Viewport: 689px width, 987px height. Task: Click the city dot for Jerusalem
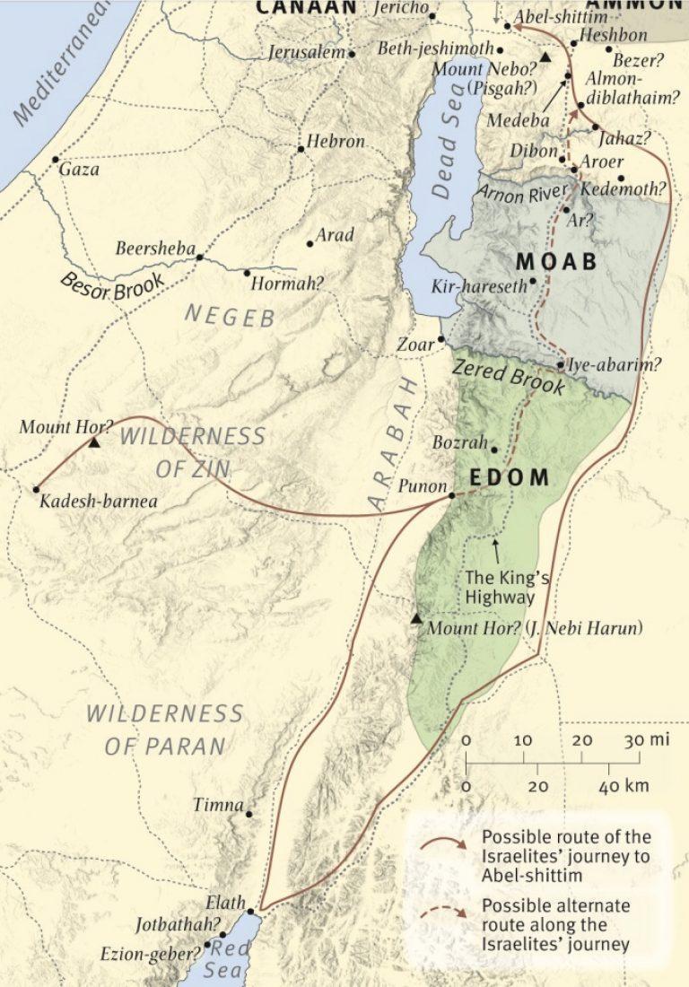pyautogui.click(x=352, y=54)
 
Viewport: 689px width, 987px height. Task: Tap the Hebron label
pyautogui.click(x=336, y=142)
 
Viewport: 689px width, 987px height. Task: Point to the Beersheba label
pyautogui.click(x=154, y=248)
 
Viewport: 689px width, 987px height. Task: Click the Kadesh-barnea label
pyautogui.click(x=98, y=502)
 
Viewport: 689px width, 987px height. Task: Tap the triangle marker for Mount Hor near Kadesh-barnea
pyautogui.click(x=93, y=442)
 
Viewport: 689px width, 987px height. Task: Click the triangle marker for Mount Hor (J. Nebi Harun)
pyautogui.click(x=415, y=619)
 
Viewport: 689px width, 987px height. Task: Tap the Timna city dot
pyautogui.click(x=249, y=815)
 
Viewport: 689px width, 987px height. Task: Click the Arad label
pyautogui.click(x=336, y=236)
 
